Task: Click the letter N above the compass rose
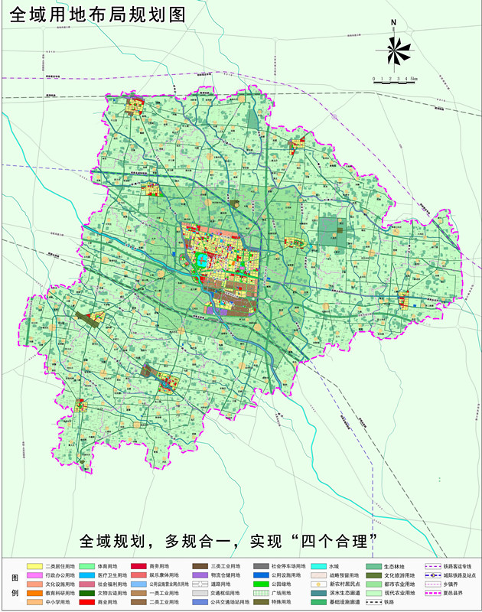click(393, 23)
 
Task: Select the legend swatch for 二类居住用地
click(34, 565)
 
